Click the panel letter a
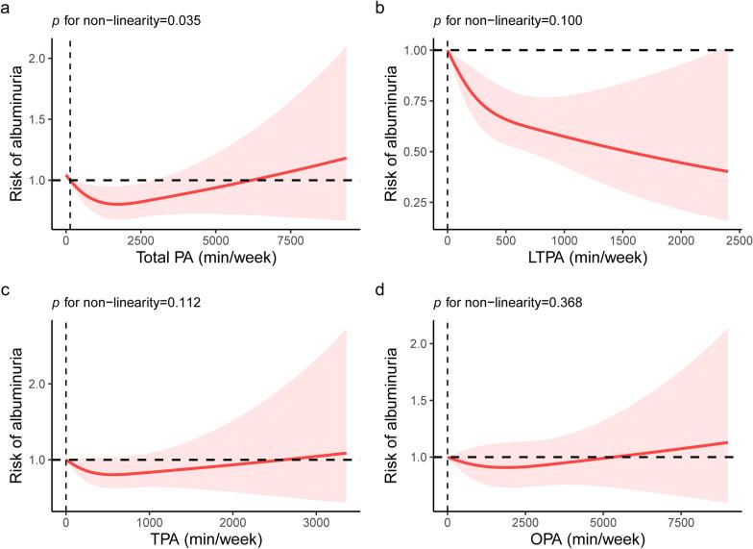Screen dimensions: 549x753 click(x=7, y=7)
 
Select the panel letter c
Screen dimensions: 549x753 click(x=7, y=285)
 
